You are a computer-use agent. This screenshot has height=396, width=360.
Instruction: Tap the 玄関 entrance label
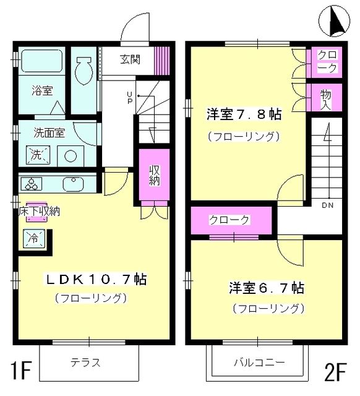point(130,60)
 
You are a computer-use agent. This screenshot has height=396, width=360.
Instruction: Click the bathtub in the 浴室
point(41,63)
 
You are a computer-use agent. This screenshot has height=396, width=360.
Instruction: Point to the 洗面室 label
point(46,132)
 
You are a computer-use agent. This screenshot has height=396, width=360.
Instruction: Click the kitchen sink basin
point(73,184)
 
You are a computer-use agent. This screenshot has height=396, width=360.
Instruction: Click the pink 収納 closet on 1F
point(153,174)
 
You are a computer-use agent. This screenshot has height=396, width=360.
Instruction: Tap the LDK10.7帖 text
point(96,279)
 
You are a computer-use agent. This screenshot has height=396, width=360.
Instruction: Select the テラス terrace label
point(85,363)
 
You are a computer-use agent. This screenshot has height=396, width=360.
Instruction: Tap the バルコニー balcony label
point(259,363)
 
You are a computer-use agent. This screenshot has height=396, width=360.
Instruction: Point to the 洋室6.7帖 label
point(266,288)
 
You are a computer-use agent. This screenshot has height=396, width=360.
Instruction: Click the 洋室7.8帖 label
point(244,114)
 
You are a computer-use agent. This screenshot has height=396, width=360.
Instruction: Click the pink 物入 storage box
point(325,98)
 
